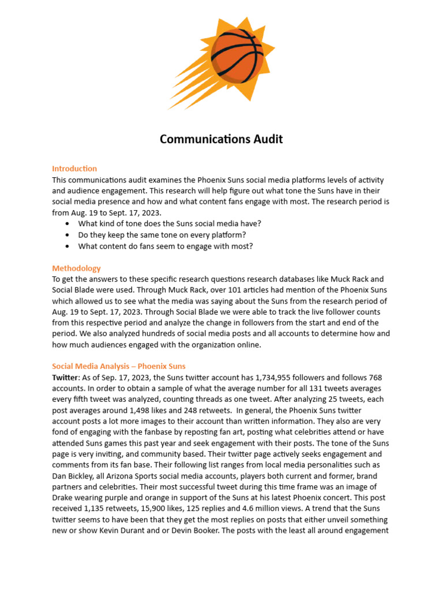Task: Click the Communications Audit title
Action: [221, 140]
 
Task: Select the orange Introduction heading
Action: [74, 169]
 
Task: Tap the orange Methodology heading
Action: [76, 268]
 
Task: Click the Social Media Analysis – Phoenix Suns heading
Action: [119, 366]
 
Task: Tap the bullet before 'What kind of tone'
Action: [69, 224]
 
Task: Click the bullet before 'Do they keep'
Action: [69, 235]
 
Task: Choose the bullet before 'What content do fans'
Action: [69, 246]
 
